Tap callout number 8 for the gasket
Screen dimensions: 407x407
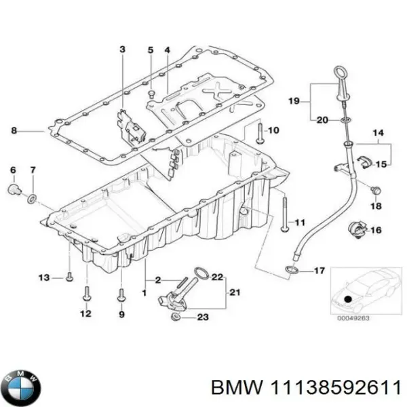(x=14, y=129)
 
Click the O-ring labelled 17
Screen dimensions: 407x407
(x=291, y=271)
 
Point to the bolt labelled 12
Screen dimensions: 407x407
(x=86, y=293)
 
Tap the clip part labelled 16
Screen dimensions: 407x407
(x=355, y=230)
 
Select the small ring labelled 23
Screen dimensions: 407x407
(x=176, y=317)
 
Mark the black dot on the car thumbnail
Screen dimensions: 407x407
(x=347, y=299)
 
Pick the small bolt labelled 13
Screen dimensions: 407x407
(x=69, y=277)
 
